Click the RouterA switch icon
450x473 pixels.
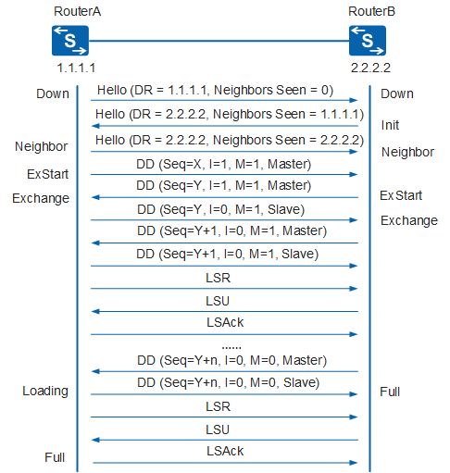pyautogui.click(x=70, y=41)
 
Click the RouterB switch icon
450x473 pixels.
pyautogui.click(x=368, y=41)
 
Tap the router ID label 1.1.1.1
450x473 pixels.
pyautogui.click(x=76, y=68)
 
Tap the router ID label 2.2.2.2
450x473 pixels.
pyautogui.click(x=370, y=68)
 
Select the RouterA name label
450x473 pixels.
pyautogui.click(x=77, y=11)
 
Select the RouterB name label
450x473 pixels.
pyautogui.click(x=371, y=11)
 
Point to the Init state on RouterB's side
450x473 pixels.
pyautogui.click(x=390, y=125)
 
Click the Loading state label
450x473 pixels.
pyautogui.click(x=45, y=391)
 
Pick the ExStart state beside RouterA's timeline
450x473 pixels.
pyautogui.click(x=47, y=174)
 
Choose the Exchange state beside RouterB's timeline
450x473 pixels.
pyautogui.click(x=409, y=220)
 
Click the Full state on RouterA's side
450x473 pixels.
pyautogui.click(x=55, y=457)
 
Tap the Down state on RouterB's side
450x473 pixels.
pyautogui.click(x=397, y=93)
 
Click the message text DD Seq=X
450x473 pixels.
pyautogui.click(x=224, y=164)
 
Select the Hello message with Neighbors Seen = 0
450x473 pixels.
pyautogui.click(x=215, y=90)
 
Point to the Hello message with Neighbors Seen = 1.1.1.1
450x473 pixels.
pyautogui.click(x=230, y=114)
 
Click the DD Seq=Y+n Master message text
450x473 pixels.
pyautogui.click(x=231, y=360)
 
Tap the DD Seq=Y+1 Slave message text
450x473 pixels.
pyautogui.click(x=228, y=254)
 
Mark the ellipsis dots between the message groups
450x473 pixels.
pyautogui.click(x=231, y=348)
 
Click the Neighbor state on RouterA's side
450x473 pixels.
pyautogui.click(x=42, y=146)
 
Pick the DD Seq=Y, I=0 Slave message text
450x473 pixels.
pyautogui.click(x=221, y=209)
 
